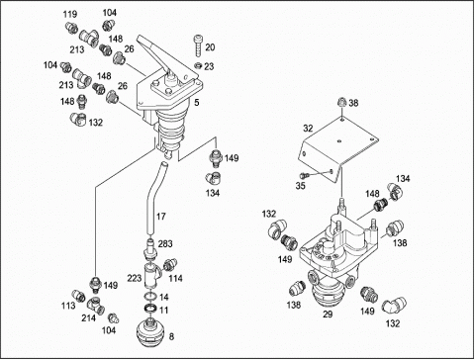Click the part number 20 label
click(x=210, y=47)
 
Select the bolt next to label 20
click(x=198, y=45)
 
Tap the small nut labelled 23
click(x=198, y=65)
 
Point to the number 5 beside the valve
click(x=197, y=103)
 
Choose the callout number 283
click(x=165, y=243)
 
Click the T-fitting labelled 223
click(x=151, y=274)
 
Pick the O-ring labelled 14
click(x=150, y=296)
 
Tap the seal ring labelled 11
click(x=151, y=309)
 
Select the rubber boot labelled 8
click(x=150, y=332)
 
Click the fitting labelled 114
click(x=170, y=264)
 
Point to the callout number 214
click(x=89, y=317)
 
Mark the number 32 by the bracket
click(x=308, y=129)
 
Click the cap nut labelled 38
click(x=342, y=102)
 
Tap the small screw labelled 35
click(x=303, y=174)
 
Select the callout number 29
click(x=328, y=315)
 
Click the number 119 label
click(x=70, y=14)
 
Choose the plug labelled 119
click(x=71, y=28)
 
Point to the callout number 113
click(x=68, y=306)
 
